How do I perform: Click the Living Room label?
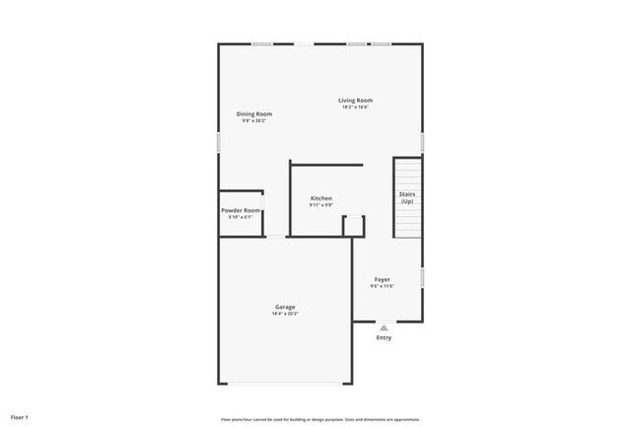pyautogui.click(x=355, y=100)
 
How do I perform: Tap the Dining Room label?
pyautogui.click(x=253, y=113)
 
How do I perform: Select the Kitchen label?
pyautogui.click(x=320, y=198)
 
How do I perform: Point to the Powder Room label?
pyautogui.click(x=241, y=210)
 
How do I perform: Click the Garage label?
pyautogui.click(x=285, y=307)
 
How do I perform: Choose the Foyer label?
pyautogui.click(x=382, y=279)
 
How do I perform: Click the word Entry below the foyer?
pyautogui.click(x=384, y=338)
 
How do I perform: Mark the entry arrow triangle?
pyautogui.click(x=384, y=326)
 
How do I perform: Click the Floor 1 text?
pyautogui.click(x=20, y=417)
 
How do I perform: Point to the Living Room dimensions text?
pyautogui.click(x=355, y=107)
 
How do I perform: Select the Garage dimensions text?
pyautogui.click(x=285, y=314)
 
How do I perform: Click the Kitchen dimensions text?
pyautogui.click(x=320, y=205)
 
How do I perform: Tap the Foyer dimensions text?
pyautogui.click(x=382, y=286)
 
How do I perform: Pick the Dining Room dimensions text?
pyautogui.click(x=253, y=120)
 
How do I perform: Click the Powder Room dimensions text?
pyautogui.click(x=241, y=217)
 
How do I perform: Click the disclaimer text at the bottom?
pyautogui.click(x=320, y=419)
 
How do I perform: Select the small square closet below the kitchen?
pyautogui.click(x=353, y=226)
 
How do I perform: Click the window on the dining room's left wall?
pyautogui.click(x=219, y=142)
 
